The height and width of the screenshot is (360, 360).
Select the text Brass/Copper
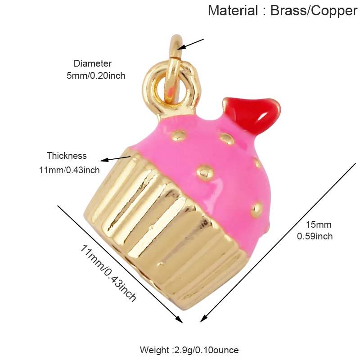click(x=314, y=10)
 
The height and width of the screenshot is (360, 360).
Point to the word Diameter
click(x=92, y=63)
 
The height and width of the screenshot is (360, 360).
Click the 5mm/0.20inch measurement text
click(x=96, y=76)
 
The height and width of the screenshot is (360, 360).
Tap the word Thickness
click(x=67, y=156)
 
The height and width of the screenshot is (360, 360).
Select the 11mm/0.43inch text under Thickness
click(x=70, y=170)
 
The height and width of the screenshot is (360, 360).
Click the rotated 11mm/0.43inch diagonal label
click(x=108, y=272)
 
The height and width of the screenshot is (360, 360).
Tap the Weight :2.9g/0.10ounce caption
click(x=189, y=350)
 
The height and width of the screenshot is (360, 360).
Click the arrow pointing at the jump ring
click(x=191, y=44)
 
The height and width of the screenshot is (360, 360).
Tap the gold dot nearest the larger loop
click(x=180, y=134)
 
